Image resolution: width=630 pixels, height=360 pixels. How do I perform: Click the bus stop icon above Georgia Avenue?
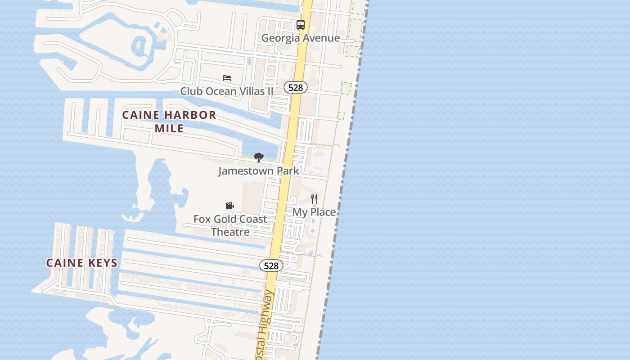[301, 25]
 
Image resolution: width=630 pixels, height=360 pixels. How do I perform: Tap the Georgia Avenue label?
[301, 38]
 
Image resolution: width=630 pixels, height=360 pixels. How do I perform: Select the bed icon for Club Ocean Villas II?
[227, 78]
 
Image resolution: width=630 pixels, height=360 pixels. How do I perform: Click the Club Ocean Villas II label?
[227, 91]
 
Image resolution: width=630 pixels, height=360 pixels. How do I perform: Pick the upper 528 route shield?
[295, 87]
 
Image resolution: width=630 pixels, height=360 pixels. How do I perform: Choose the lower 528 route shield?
[271, 265]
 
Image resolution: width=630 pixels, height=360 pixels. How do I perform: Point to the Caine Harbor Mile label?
[169, 121]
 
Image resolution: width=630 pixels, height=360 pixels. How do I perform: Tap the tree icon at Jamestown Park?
[258, 157]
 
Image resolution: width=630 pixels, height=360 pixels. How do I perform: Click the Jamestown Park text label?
[258, 171]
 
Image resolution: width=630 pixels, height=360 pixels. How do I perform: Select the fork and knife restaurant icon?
[314, 198]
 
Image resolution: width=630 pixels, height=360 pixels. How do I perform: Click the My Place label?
[314, 212]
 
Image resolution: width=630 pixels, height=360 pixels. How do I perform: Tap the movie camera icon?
[229, 206]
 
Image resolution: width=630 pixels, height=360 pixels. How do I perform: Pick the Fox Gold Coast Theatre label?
[230, 225]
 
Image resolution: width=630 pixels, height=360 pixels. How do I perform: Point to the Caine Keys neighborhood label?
[82, 263]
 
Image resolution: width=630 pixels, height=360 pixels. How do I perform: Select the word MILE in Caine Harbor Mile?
[169, 128]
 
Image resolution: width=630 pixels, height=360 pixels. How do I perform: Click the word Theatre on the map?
[230, 232]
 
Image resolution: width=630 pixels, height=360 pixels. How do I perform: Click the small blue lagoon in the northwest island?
[139, 45]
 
